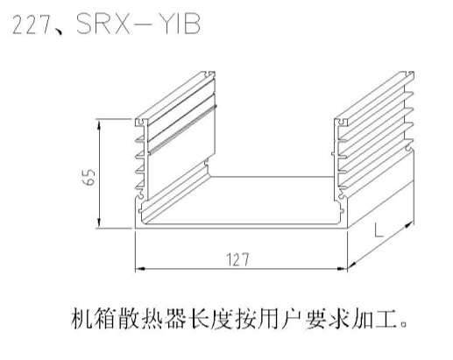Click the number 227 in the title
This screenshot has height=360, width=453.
32,25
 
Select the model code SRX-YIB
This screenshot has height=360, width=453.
138,24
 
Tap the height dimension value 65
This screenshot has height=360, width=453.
88,176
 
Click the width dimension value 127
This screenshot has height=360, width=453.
237,259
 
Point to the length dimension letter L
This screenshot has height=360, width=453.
379,230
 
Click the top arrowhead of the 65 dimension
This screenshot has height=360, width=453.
99,125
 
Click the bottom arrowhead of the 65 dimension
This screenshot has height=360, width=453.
99,222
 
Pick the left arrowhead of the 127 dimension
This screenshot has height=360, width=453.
141,268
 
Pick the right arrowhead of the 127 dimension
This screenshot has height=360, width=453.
342,268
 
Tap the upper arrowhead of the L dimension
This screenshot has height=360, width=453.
409,224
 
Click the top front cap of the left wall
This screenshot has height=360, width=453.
142,123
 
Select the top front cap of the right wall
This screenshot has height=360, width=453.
342,123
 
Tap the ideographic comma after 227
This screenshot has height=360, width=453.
59,32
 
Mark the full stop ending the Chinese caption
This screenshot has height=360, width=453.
404,325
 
